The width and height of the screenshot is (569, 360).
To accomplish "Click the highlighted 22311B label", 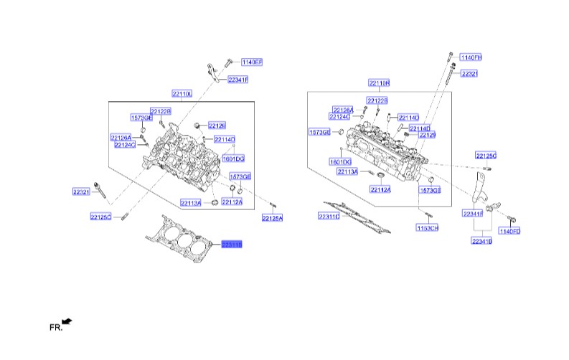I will [x=232, y=245].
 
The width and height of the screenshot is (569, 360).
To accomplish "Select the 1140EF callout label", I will [x=252, y=62].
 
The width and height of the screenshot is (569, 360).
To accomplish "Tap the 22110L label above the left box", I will [x=182, y=94].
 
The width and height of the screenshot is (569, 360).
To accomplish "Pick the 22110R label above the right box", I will [x=379, y=83].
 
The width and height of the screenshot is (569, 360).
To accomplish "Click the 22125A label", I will [x=272, y=217].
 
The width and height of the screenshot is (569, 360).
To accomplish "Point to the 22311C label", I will [x=329, y=217].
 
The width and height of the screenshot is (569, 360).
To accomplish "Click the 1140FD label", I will [x=509, y=231].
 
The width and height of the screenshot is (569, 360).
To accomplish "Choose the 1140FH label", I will [x=471, y=57].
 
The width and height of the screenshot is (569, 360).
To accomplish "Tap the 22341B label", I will [x=481, y=242].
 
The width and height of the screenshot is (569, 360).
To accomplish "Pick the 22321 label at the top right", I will [x=469, y=73].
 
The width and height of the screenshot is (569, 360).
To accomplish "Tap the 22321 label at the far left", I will [x=81, y=191].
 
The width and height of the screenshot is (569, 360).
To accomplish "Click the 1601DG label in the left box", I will [x=233, y=158].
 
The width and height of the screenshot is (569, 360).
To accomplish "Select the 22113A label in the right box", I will [x=347, y=172].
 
